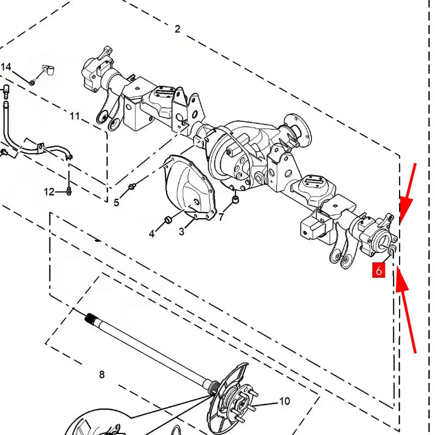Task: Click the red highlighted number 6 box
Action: [378, 270]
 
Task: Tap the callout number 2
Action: [178, 29]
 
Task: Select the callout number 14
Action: [5, 67]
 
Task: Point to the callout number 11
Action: [74, 116]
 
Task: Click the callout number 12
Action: [49, 192]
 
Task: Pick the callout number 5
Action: [116, 202]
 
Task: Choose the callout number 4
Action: [152, 234]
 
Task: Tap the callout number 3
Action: [182, 232]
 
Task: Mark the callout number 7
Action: [221, 217]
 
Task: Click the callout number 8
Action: [102, 375]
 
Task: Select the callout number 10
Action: [284, 401]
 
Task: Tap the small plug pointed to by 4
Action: [169, 220]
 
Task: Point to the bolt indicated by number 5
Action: [132, 187]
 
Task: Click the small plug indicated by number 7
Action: [235, 199]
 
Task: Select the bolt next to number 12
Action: [69, 191]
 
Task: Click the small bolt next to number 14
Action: [32, 82]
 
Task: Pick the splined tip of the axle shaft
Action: [90, 318]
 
